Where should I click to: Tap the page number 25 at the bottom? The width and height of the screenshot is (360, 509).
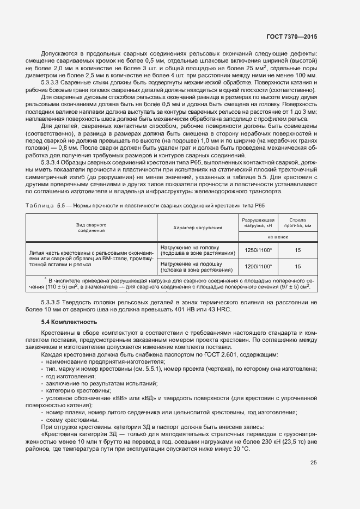pos(313,463)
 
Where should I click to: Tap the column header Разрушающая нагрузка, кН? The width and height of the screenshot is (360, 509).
pos(258,222)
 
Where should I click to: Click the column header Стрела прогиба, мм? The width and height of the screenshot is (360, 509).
pos(297,222)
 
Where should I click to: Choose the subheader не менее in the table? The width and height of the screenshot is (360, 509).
pos(278,237)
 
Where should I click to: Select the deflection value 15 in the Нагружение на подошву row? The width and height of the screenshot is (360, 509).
pos(297,266)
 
